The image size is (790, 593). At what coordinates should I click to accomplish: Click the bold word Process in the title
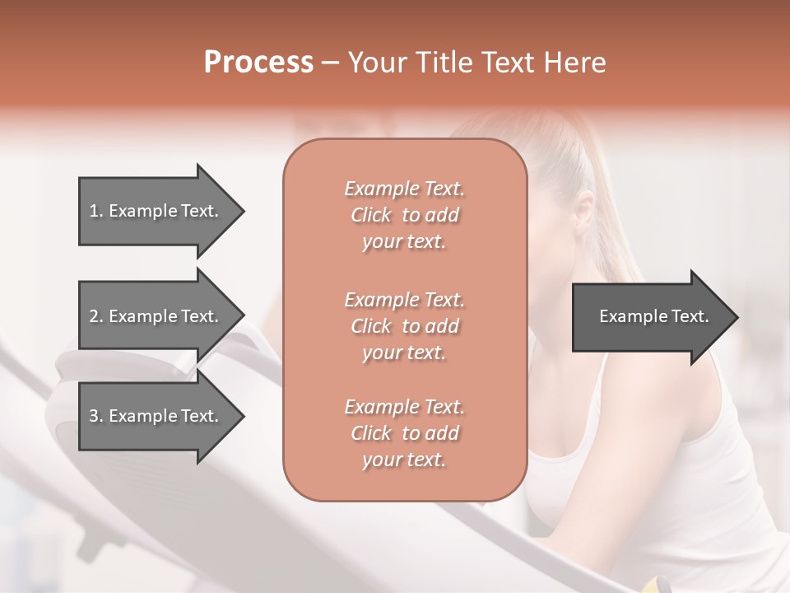[258, 63]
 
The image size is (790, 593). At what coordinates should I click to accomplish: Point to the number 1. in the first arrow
[96, 211]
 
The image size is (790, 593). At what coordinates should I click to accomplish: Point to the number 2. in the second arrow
[96, 316]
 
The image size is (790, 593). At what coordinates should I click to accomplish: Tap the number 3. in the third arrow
[96, 416]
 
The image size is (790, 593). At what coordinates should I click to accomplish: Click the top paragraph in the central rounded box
[404, 215]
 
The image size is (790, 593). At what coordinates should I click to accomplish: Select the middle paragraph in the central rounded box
[404, 325]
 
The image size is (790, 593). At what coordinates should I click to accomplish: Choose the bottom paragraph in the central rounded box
[404, 433]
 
